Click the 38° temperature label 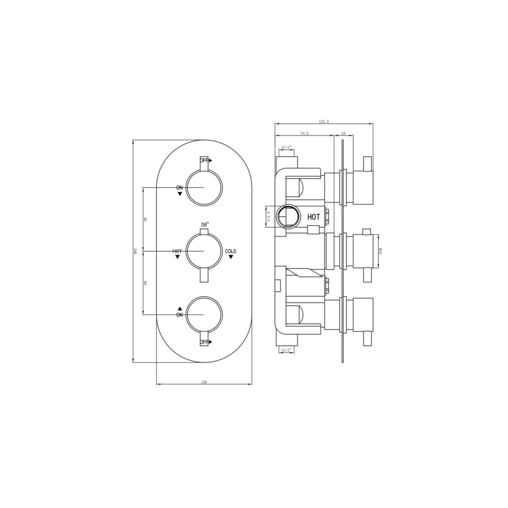click(x=204, y=224)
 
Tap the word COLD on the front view click(x=231, y=251)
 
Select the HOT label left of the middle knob click(x=177, y=251)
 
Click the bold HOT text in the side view click(x=313, y=216)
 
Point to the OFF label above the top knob click(x=204, y=160)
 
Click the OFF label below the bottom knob click(x=204, y=342)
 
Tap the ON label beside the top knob click(x=179, y=187)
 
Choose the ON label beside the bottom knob click(x=179, y=315)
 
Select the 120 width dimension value click(x=203, y=382)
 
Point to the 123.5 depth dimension click(x=323, y=121)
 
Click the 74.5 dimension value click(x=304, y=133)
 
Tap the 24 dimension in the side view click(x=344, y=133)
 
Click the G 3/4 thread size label click(x=270, y=216)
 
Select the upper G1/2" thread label click(x=287, y=148)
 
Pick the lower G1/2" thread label click(x=287, y=351)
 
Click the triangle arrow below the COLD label click(x=230, y=257)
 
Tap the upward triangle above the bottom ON click(x=179, y=308)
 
